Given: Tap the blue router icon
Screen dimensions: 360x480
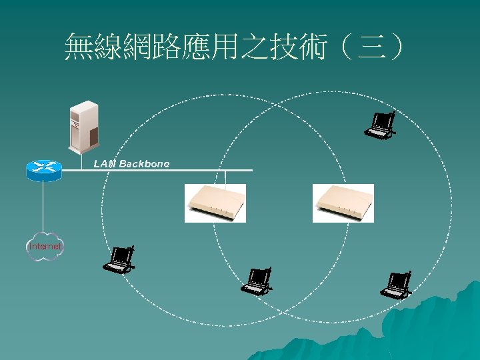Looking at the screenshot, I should click(x=43, y=170).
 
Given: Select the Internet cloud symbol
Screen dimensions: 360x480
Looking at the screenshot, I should click(x=45, y=246).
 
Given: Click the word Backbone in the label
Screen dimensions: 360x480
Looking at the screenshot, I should click(x=144, y=163).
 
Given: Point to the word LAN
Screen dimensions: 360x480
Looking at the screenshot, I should click(x=105, y=163).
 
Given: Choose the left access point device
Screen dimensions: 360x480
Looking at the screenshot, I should click(x=215, y=203).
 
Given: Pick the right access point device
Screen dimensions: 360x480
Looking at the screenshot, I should click(x=343, y=203).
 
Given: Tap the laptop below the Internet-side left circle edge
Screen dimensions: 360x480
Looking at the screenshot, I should click(x=120, y=259).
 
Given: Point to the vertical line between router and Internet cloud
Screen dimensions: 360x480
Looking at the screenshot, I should click(x=43, y=207).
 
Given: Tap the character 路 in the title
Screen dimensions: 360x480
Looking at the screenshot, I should click(x=166, y=49).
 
